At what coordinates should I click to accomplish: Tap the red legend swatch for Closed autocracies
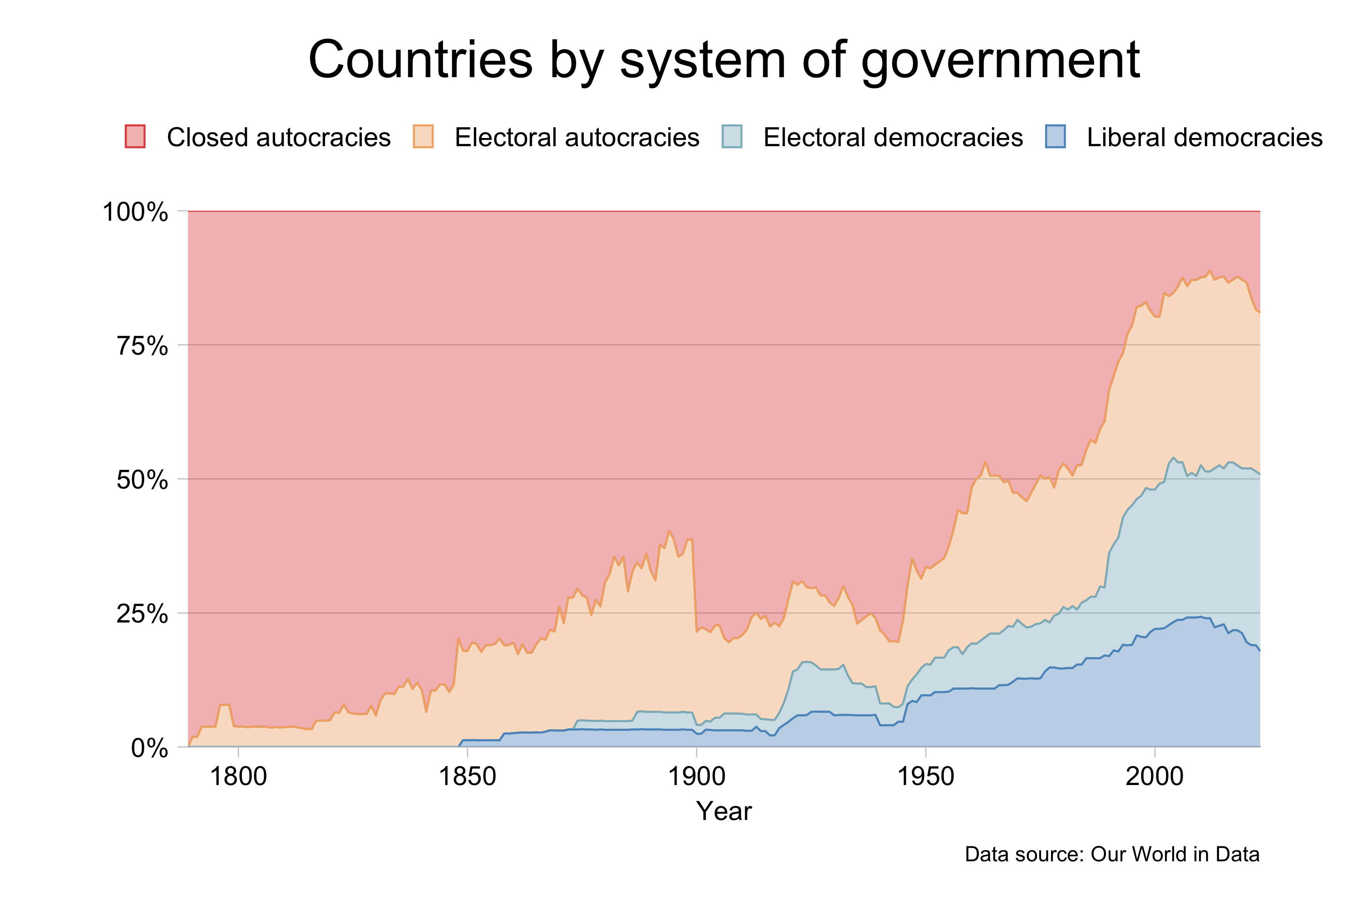[x=135, y=137]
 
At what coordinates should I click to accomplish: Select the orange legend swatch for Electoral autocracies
[x=423, y=137]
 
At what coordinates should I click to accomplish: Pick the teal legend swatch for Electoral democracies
[x=732, y=137]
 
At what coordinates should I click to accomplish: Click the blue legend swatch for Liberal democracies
[x=1055, y=137]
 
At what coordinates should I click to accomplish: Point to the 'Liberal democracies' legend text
[x=1204, y=138]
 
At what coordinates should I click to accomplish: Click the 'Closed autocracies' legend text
[x=279, y=138]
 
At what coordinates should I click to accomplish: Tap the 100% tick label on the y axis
[x=135, y=212]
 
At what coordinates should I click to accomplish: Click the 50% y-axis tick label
[x=142, y=480]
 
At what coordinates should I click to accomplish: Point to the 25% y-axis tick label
[x=142, y=614]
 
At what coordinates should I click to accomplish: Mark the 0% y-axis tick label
[x=150, y=748]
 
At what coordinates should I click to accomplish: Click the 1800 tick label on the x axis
[x=238, y=777]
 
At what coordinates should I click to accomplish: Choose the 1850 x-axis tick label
[x=467, y=777]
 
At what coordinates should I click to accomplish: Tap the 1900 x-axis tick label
[x=696, y=777]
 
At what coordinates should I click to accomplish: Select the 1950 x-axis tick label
[x=925, y=777]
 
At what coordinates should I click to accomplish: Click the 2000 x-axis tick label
[x=1155, y=777]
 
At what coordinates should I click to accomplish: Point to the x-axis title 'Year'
[x=723, y=811]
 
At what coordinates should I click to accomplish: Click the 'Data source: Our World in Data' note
[x=1112, y=855]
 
